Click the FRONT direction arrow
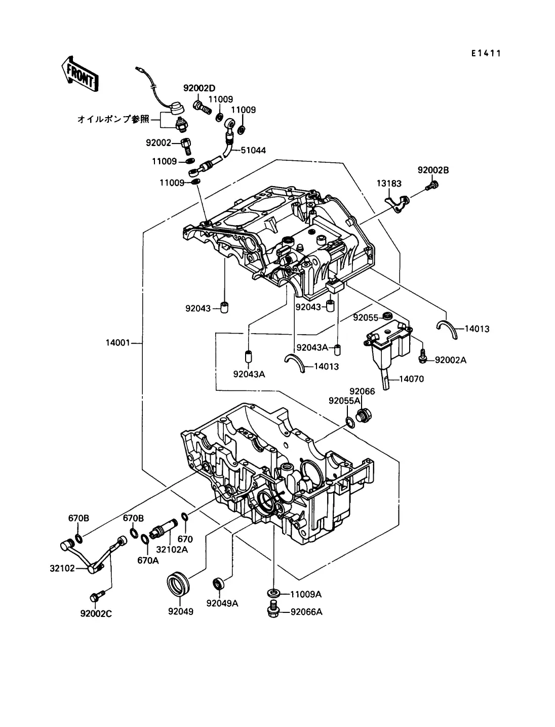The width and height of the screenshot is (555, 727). pyautogui.click(x=78, y=75)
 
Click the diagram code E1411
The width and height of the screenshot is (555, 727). pyautogui.click(x=486, y=53)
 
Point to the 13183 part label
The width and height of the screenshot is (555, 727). pyautogui.click(x=386, y=183)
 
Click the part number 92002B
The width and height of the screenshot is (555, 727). pyautogui.click(x=432, y=170)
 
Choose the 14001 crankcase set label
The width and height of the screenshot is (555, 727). pyautogui.click(x=117, y=343)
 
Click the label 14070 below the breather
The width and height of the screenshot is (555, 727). pyautogui.click(x=411, y=379)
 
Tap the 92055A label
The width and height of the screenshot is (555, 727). pyautogui.click(x=344, y=401)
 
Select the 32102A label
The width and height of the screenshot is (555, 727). pyautogui.click(x=172, y=549)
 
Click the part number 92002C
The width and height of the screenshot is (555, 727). pyautogui.click(x=96, y=613)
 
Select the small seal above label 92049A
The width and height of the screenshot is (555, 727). pyautogui.click(x=219, y=583)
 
